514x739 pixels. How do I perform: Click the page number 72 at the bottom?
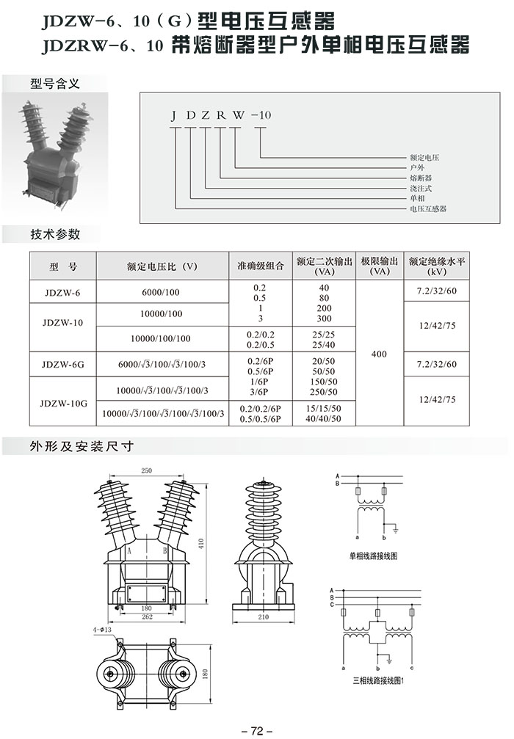[256, 730]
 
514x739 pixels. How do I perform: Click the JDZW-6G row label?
[62, 364]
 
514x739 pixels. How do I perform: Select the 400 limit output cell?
[379, 354]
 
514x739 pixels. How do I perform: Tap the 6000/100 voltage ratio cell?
[161, 292]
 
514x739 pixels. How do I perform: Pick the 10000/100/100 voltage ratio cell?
[161, 338]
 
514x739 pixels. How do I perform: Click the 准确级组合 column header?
[260, 266]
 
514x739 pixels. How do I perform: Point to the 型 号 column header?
[63, 266]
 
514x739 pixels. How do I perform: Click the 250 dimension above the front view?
[147, 470]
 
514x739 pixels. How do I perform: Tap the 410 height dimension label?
[201, 543]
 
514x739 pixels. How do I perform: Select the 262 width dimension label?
[147, 616]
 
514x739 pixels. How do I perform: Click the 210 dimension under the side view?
[263, 616]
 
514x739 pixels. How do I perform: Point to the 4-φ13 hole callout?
[102, 630]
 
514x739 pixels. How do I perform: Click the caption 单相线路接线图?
[373, 556]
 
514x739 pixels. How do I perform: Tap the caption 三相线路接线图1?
[379, 680]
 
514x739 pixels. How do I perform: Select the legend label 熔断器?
[421, 178]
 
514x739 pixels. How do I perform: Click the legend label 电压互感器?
[427, 208]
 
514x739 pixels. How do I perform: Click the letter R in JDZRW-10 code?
[221, 115]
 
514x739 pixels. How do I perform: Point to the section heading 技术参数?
[55, 234]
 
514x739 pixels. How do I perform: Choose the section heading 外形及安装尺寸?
[82, 446]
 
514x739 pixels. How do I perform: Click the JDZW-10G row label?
[64, 404]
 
